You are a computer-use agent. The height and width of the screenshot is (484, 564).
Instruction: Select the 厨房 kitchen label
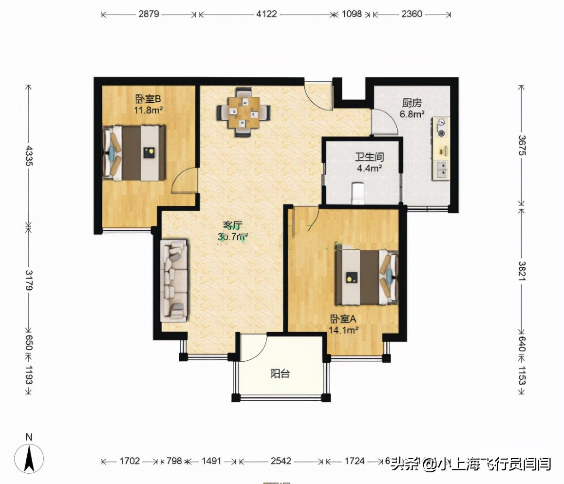412,103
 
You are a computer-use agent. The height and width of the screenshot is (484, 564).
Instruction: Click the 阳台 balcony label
280,374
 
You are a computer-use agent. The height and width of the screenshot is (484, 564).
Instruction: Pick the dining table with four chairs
244,112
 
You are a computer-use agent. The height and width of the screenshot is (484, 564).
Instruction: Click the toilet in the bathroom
358,193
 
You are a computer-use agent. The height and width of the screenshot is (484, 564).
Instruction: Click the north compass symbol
29,458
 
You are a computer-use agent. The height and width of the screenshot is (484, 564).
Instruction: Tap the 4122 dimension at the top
266,14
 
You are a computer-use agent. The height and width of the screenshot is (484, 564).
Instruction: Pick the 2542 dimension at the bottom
281,461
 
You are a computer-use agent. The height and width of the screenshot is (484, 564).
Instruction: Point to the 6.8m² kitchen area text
412,114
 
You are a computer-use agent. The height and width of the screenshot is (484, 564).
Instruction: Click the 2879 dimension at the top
149,14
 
